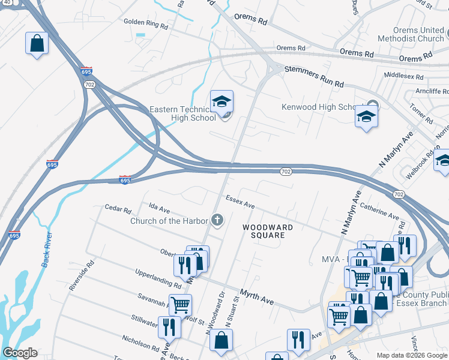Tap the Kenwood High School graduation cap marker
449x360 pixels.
click(365, 116)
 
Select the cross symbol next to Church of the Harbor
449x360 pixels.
click(217, 221)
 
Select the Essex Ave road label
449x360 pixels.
click(240, 202)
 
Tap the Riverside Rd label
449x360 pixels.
click(82, 275)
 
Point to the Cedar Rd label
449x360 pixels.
click(118, 210)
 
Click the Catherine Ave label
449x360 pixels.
click(379, 211)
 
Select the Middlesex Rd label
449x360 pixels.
click(403, 77)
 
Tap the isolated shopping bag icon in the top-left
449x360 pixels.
click(37, 43)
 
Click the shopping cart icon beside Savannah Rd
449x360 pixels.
click(180, 304)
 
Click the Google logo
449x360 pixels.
click(20, 353)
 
